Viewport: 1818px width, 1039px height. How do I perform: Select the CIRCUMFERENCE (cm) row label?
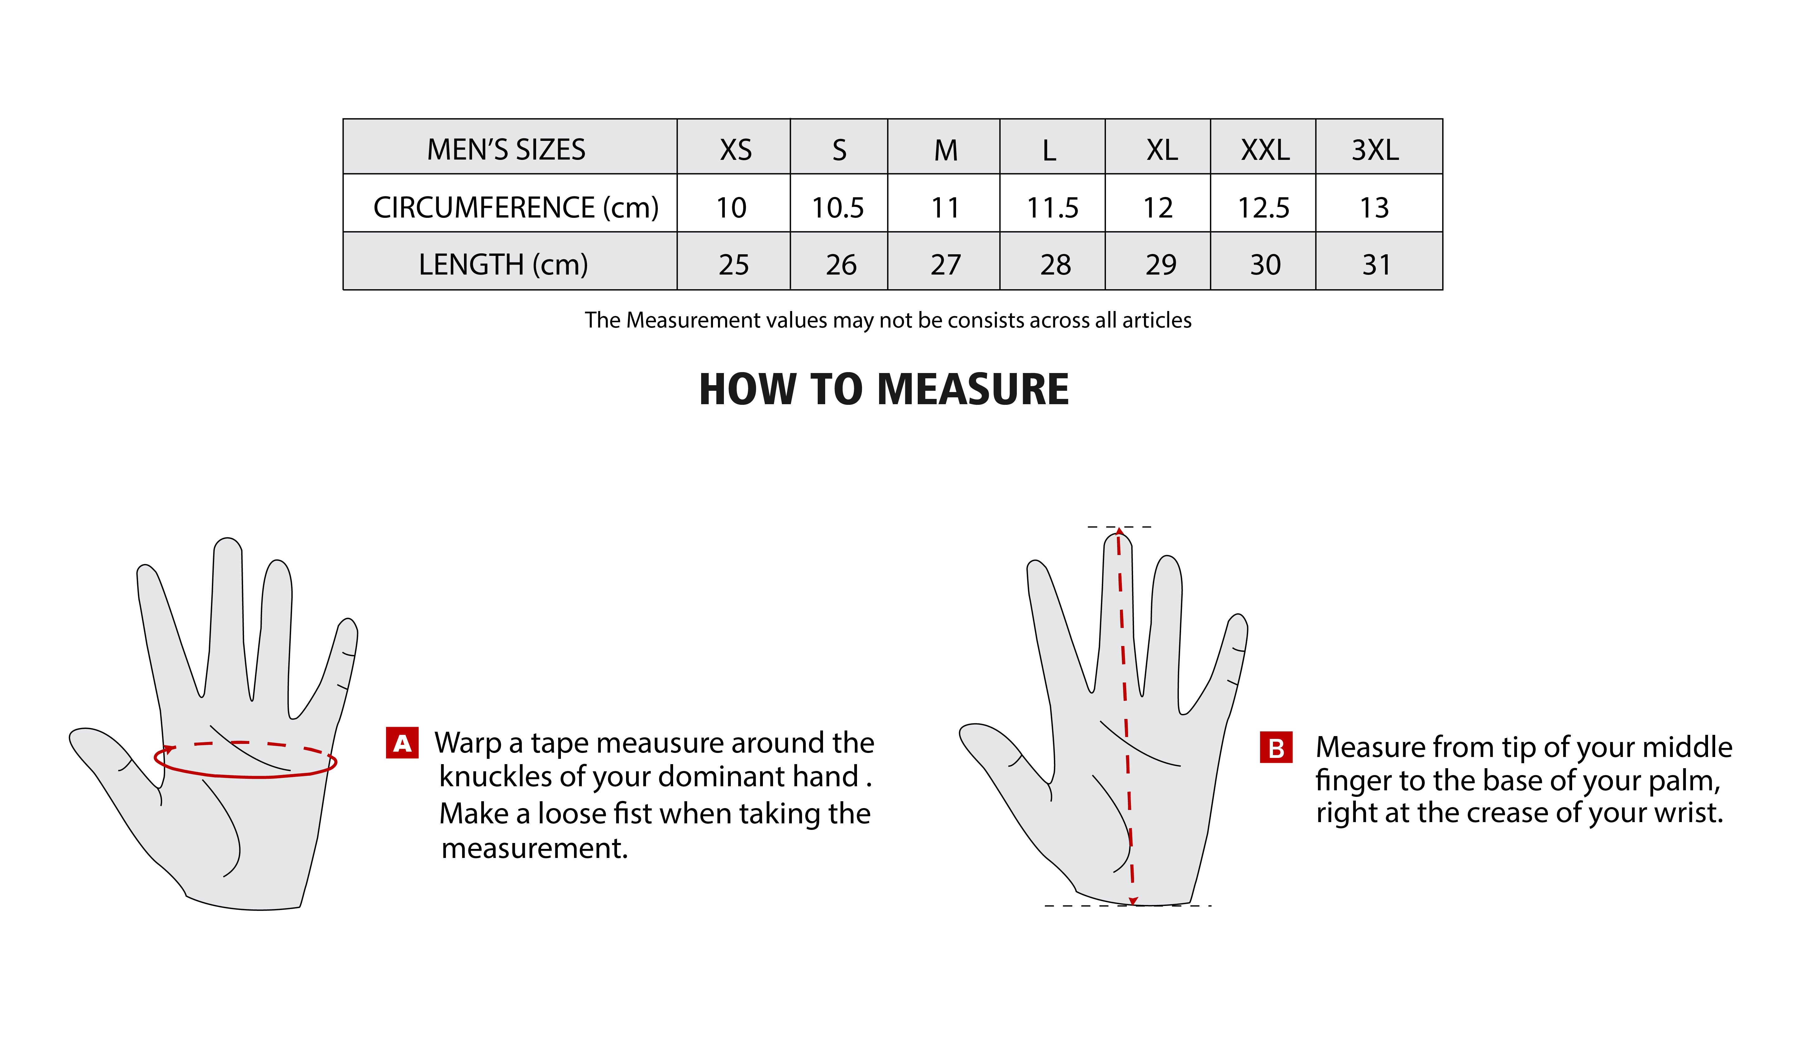[x=515, y=208]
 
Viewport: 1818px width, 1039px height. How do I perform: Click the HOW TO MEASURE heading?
[x=883, y=390]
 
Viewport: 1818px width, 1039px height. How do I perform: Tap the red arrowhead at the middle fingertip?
[x=1119, y=532]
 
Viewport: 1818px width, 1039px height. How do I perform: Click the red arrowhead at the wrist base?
[x=1133, y=901]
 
